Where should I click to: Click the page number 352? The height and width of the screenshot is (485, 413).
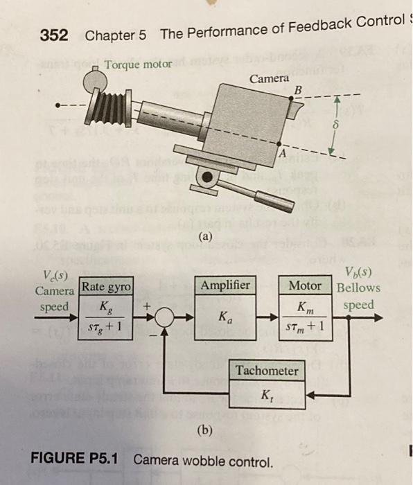[x=53, y=35]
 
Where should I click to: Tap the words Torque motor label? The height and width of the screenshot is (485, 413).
[x=137, y=66]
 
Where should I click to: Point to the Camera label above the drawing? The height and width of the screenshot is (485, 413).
[x=269, y=79]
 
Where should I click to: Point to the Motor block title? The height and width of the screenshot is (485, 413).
[x=305, y=285]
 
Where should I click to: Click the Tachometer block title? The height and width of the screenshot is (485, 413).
[x=267, y=371]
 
